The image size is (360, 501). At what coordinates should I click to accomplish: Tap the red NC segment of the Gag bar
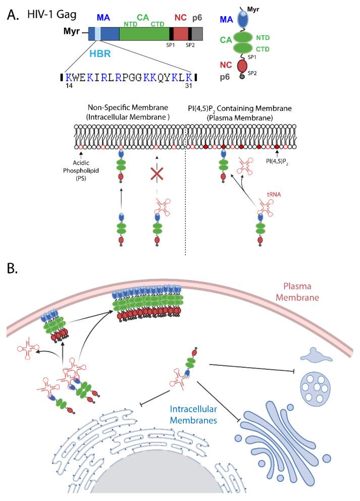(181, 34)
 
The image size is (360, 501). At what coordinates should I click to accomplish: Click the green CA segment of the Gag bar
(144, 34)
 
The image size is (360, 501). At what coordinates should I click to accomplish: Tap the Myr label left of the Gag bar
(70, 32)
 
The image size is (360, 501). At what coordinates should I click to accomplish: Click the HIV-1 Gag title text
(52, 15)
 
